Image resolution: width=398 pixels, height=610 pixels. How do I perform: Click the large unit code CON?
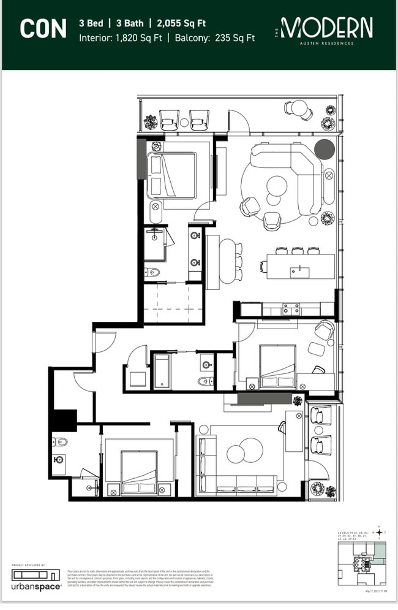[x=43, y=29]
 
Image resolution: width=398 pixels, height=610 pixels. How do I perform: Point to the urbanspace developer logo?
[x=37, y=579]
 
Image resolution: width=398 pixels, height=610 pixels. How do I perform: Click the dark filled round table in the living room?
[x=325, y=149]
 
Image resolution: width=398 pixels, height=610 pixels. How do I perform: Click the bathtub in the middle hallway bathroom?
[x=162, y=371]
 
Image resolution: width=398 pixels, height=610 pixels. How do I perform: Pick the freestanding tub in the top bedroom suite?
[x=156, y=212]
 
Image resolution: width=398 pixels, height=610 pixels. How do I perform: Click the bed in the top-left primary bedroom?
[x=173, y=175]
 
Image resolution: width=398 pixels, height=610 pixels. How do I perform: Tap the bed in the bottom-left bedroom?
[x=138, y=472]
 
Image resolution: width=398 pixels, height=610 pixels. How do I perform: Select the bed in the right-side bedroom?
[x=277, y=367]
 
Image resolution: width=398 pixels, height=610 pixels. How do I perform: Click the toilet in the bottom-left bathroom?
[x=60, y=441]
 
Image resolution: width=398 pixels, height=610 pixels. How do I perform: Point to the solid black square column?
[x=63, y=420]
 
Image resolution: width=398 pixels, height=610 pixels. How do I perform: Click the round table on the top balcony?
[x=298, y=109]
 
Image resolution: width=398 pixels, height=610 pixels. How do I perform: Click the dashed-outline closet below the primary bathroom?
[x=173, y=302]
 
